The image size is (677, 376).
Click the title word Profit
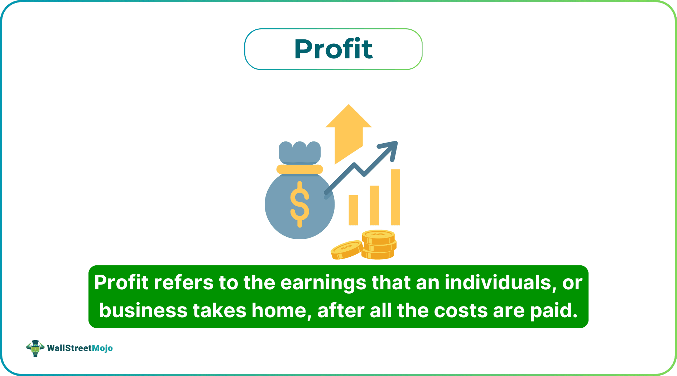(333, 49)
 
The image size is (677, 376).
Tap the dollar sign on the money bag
(299, 204)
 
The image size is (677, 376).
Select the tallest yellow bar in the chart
(395, 197)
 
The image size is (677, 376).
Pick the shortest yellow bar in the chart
(353, 210)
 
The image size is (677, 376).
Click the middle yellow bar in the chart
(374, 205)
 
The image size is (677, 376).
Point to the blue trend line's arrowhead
(392, 147)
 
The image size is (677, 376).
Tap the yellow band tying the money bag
(299, 169)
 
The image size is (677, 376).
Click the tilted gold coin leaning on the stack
(346, 249)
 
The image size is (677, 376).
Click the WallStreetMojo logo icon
(35, 348)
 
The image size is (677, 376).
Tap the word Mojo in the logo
(102, 348)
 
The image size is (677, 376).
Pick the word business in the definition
(143, 310)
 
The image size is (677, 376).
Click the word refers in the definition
(183, 283)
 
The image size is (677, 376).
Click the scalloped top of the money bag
(299, 150)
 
